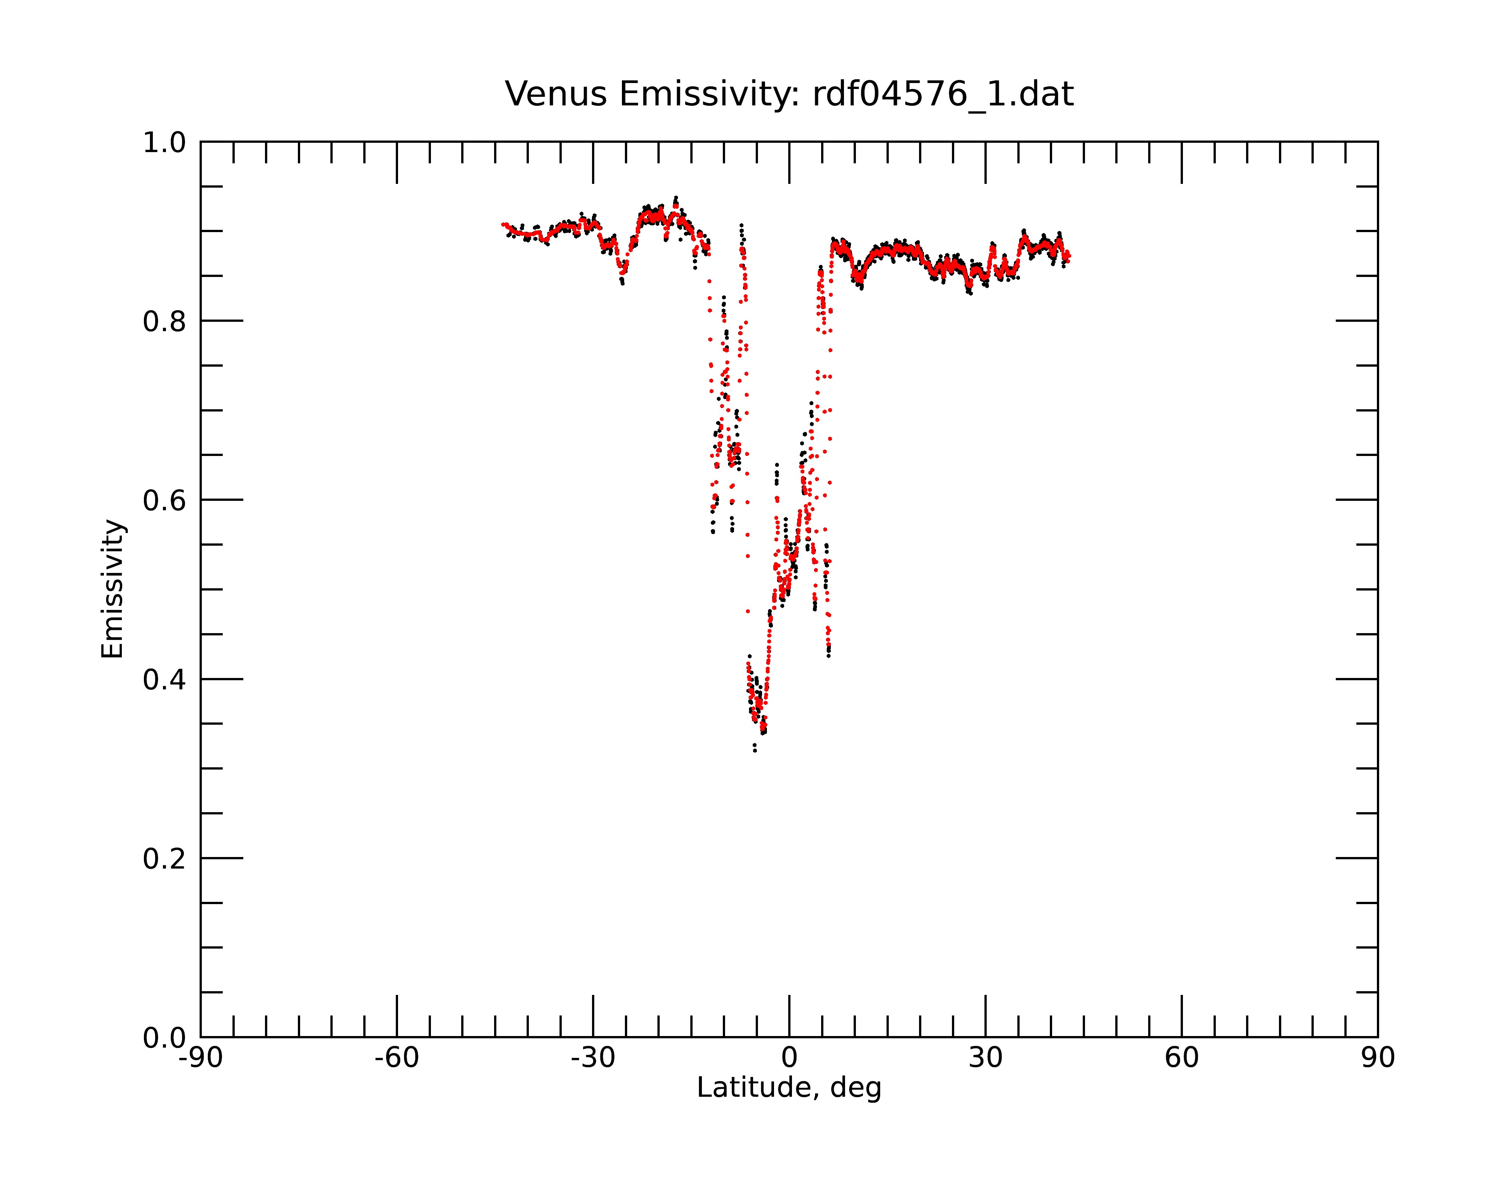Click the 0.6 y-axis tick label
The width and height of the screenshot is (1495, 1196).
click(164, 500)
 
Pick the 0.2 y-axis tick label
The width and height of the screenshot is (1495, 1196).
click(164, 859)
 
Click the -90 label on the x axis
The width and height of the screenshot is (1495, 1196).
click(200, 1058)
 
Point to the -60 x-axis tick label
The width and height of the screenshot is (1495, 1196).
click(397, 1058)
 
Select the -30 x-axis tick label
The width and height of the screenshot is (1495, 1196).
click(593, 1058)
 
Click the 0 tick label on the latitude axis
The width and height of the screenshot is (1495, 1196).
click(789, 1058)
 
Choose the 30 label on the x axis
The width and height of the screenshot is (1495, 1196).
click(985, 1058)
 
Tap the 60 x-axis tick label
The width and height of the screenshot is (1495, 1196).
click(1181, 1058)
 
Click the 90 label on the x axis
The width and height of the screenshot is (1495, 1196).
click(1378, 1058)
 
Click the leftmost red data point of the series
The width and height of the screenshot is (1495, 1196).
click(503, 224)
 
